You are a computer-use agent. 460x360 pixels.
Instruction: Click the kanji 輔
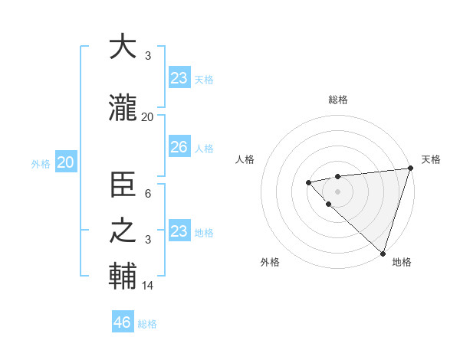pyautogui.click(x=123, y=276)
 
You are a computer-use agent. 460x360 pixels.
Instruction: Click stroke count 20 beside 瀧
pyautogui.click(x=148, y=117)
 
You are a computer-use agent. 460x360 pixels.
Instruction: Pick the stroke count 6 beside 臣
pyautogui.click(x=148, y=195)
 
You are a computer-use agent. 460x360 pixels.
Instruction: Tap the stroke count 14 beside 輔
pyautogui.click(x=148, y=286)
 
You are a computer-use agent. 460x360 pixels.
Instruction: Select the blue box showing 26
pyautogui.click(x=179, y=147)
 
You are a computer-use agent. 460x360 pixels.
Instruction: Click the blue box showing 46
pyautogui.click(x=123, y=322)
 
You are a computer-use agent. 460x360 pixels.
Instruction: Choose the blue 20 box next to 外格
pyautogui.click(x=66, y=162)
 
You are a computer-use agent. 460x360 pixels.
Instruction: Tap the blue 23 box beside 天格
pyautogui.click(x=179, y=77)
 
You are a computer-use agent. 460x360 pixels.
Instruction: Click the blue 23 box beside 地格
pyautogui.click(x=179, y=231)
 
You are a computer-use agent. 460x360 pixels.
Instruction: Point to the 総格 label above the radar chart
pyautogui.click(x=337, y=100)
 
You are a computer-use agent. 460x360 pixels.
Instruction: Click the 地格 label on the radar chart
pyautogui.click(x=402, y=262)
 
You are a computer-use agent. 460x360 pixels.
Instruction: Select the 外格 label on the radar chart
pyautogui.click(x=270, y=262)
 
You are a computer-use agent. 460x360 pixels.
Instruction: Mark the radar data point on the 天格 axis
pyautogui.click(x=410, y=169)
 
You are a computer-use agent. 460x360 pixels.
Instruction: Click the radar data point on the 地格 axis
pyautogui.click(x=383, y=253)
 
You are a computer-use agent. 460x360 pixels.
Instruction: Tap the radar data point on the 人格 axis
pyautogui.click(x=308, y=182)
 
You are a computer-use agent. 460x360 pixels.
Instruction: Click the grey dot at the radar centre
pyautogui.click(x=337, y=191)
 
